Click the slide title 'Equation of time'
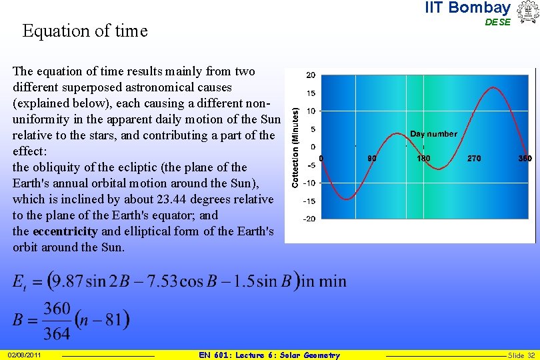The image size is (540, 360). point(85,31)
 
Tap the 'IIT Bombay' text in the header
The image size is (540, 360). point(467,8)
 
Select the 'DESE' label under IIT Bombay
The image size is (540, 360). point(497,22)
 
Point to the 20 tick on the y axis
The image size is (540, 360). point(310,75)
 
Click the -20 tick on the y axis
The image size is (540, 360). point(309,219)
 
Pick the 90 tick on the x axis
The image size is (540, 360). point(372,159)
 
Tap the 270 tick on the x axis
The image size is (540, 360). point(474,159)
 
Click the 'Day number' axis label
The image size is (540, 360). point(433,134)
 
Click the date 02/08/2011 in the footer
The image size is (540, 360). point(25,355)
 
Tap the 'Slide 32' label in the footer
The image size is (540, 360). point(521,355)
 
